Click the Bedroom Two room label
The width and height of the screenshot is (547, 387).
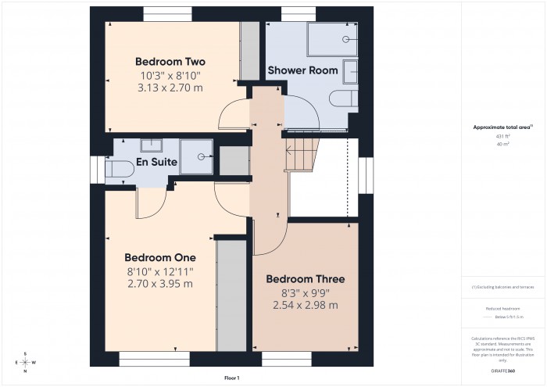coord(170,62)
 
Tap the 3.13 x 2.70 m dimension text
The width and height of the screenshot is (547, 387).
coord(170,88)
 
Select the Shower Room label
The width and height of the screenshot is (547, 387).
coord(302,70)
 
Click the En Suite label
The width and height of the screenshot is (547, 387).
coord(156,163)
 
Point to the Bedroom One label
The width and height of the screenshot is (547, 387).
coord(160,257)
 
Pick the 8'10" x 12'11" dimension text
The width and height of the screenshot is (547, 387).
coord(160,271)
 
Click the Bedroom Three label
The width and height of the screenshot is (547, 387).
coord(305,279)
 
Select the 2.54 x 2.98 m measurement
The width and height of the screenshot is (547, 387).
coord(305,305)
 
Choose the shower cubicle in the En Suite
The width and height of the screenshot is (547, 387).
coord(196,156)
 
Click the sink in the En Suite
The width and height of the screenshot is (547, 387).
coord(152,145)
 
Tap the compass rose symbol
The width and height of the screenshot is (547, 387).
coord(25,362)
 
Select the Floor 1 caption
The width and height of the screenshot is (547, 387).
coord(231,378)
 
